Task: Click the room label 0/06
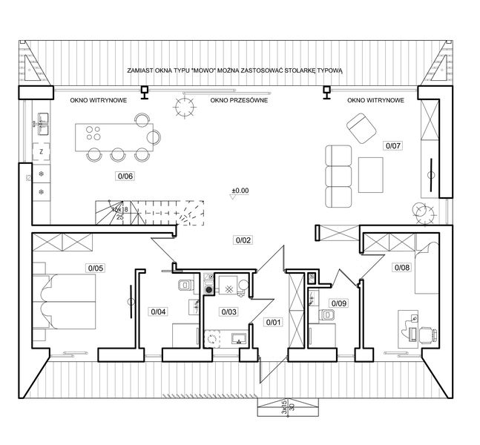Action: (125, 176)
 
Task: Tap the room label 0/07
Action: (393, 145)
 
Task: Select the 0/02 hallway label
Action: (243, 240)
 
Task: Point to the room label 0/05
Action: (95, 268)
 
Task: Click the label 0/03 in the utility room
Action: (229, 311)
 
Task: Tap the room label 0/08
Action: (401, 267)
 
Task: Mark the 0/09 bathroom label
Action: (339, 303)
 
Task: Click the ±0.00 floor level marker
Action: (240, 191)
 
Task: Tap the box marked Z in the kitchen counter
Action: (41, 151)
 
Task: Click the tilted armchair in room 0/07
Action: (361, 128)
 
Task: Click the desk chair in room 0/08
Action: (424, 331)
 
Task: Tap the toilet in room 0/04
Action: (185, 286)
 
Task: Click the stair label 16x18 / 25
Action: (119, 213)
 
